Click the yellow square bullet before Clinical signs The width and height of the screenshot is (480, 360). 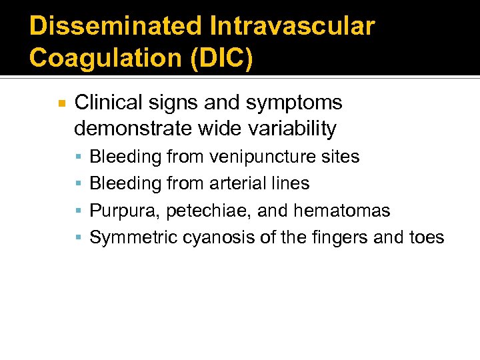point(61,104)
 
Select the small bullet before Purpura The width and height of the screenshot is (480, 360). point(79,211)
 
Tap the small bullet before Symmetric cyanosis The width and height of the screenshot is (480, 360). point(79,238)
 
